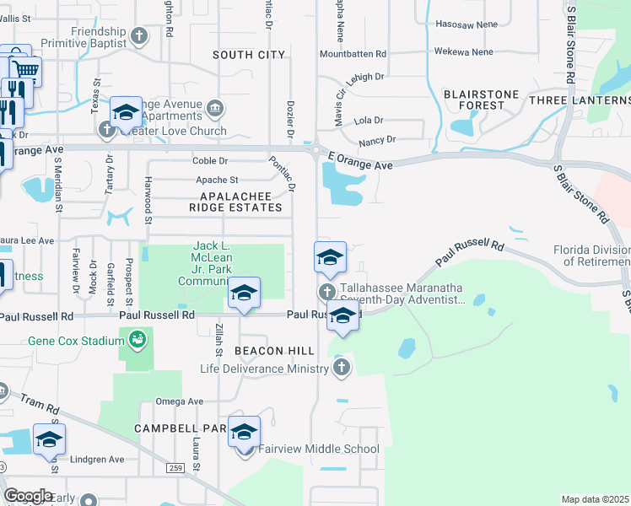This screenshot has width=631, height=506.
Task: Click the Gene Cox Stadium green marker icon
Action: pyautogui.click(x=137, y=340)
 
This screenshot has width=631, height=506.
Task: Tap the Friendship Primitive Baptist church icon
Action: pyautogui.click(x=139, y=36)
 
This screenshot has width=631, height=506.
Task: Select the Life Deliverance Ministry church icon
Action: pyautogui.click(x=341, y=367)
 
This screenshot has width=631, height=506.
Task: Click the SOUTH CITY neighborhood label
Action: pyautogui.click(x=249, y=55)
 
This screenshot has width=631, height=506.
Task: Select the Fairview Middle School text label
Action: pyautogui.click(x=319, y=449)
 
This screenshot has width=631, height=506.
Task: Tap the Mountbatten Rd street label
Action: pyautogui.click(x=353, y=53)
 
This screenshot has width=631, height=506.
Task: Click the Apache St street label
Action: pyautogui.click(x=218, y=180)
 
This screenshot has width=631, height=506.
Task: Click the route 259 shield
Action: pyautogui.click(x=175, y=467)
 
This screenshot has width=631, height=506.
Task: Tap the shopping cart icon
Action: pyautogui.click(x=25, y=69)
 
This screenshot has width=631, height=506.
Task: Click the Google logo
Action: pyautogui.click(x=28, y=496)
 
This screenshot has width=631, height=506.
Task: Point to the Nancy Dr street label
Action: pyautogui.click(x=377, y=139)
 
